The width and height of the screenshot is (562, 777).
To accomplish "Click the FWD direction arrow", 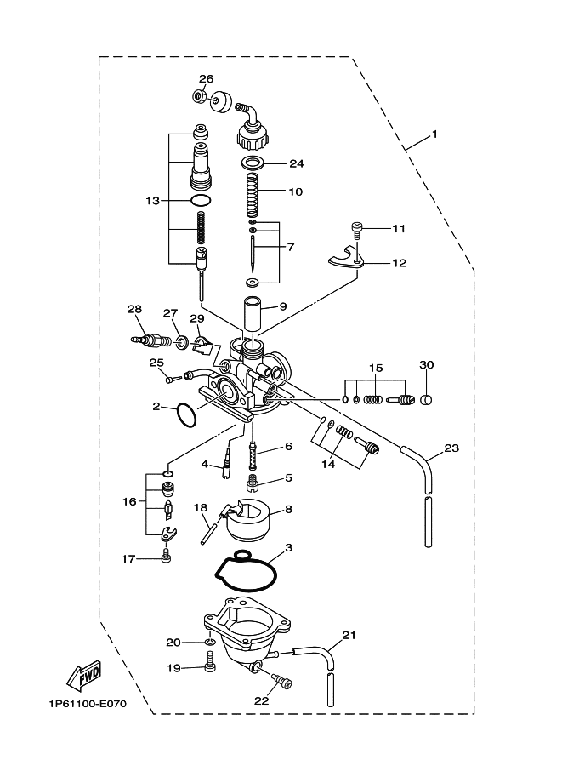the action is click(84, 676).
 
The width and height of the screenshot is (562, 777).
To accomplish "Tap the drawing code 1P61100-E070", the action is click(88, 704).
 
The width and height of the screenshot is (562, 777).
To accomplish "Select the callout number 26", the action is click(206, 79).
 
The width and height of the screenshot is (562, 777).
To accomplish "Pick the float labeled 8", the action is click(247, 520).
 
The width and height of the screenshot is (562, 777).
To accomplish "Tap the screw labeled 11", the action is click(356, 229).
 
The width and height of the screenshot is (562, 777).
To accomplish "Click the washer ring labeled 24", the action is click(253, 163).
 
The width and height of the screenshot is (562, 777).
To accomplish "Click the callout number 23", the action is click(451, 448).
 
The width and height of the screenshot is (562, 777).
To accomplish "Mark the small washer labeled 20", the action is click(210, 643).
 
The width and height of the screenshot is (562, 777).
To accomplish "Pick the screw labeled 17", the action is click(167, 555).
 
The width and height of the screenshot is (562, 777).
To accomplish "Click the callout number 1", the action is click(434, 134).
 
